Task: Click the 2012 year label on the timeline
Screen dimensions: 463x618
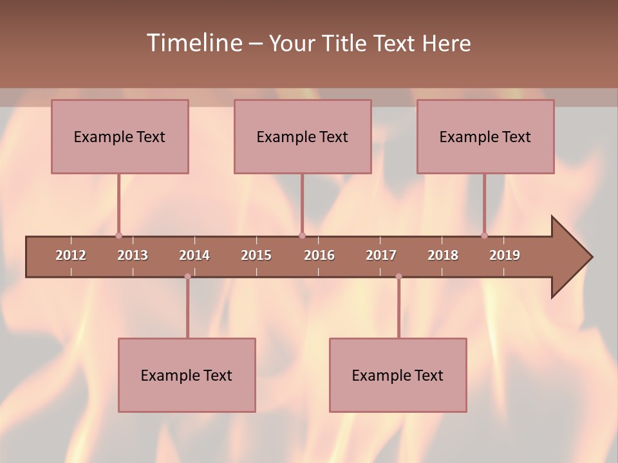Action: [71, 255]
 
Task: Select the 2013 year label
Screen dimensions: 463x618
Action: [133, 255]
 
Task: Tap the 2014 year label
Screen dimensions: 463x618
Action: [194, 255]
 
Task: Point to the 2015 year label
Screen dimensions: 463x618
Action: [256, 255]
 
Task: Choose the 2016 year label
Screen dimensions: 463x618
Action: [319, 255]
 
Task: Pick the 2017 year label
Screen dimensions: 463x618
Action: [381, 255]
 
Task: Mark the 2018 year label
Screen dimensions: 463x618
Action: [443, 255]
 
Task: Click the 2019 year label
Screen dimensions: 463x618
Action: [505, 255]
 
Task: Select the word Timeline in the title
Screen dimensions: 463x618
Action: [193, 43]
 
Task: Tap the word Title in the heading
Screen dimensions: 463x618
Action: [345, 43]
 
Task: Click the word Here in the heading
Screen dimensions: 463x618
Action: [446, 43]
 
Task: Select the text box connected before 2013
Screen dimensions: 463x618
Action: [120, 136]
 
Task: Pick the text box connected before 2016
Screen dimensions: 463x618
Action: [303, 136]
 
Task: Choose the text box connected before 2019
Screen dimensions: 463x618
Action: [485, 136]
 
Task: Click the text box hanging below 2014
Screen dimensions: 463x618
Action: [187, 375]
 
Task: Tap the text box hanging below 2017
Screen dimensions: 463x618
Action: [398, 375]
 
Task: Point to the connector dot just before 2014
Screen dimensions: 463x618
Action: [187, 277]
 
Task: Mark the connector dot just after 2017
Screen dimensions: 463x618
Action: [398, 277]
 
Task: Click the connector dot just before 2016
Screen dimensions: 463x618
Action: [302, 235]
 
